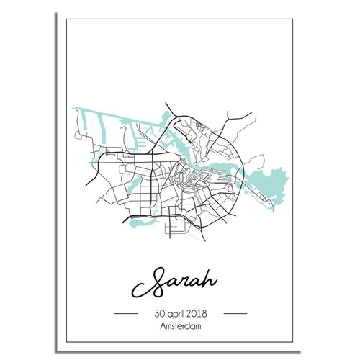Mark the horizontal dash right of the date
tap(235, 315)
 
